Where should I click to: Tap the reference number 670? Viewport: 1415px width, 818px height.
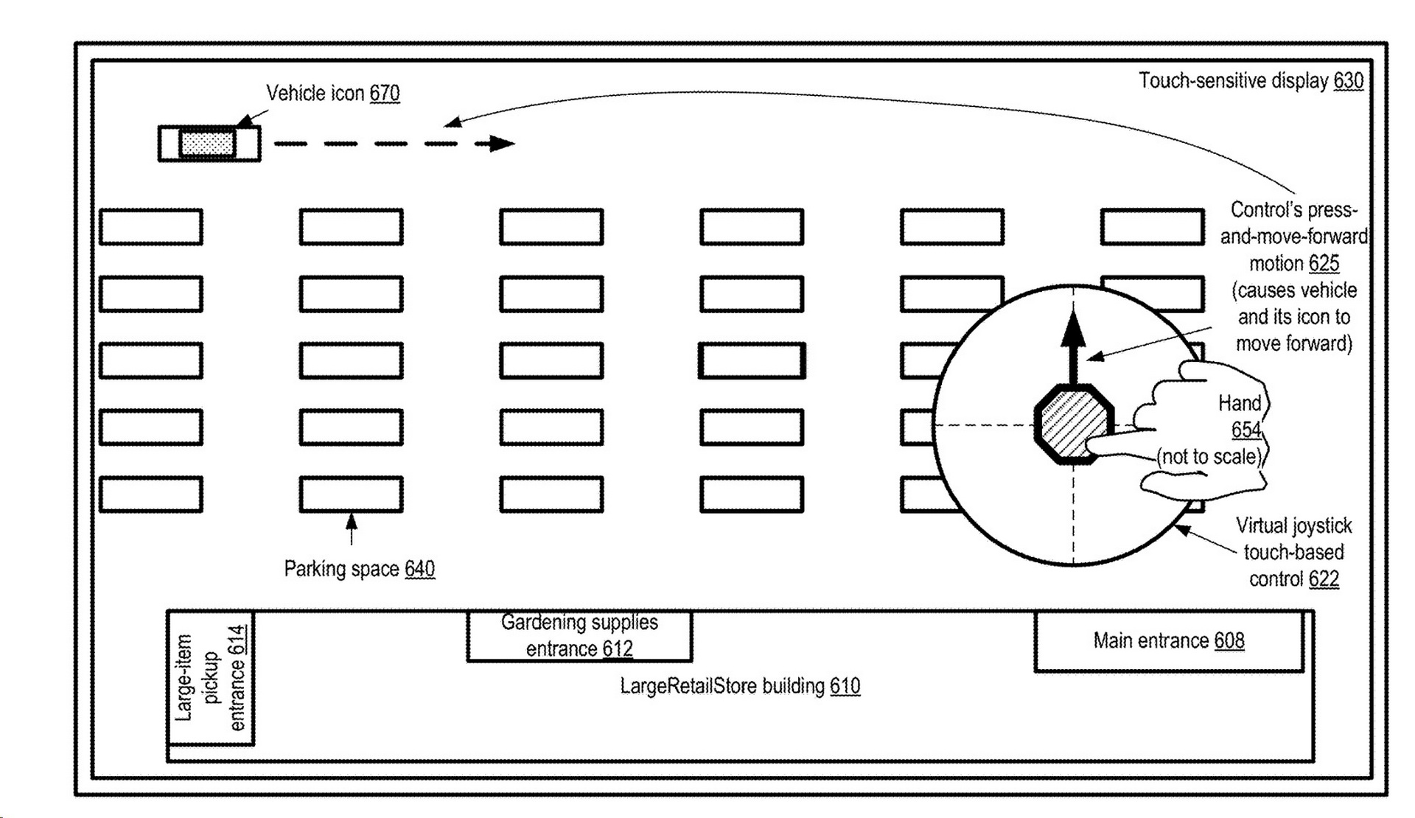point(385,94)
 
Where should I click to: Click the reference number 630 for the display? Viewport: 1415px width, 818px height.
point(1349,80)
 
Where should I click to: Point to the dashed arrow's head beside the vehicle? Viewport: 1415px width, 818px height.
point(503,144)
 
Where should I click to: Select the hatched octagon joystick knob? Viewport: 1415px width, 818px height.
point(1073,424)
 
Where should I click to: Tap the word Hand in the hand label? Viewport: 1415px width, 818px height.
point(1240,403)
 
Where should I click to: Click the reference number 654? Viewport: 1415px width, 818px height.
point(1246,430)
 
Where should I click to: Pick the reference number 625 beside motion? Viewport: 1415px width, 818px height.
point(1324,263)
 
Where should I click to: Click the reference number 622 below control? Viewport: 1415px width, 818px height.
point(1324,579)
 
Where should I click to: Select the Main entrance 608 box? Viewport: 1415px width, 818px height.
point(1169,641)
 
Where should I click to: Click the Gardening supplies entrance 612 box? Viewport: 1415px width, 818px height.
point(579,636)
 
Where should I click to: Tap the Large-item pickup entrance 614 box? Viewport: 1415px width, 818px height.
point(211,678)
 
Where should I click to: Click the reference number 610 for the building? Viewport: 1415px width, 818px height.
point(845,686)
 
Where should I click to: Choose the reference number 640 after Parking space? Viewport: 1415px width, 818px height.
point(419,569)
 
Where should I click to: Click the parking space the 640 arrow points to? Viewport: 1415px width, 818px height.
point(351,494)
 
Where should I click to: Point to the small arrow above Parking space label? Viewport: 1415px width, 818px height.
point(352,528)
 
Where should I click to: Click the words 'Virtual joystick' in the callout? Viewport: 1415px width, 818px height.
point(1293,525)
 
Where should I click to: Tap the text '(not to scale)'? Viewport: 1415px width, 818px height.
point(1209,457)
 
